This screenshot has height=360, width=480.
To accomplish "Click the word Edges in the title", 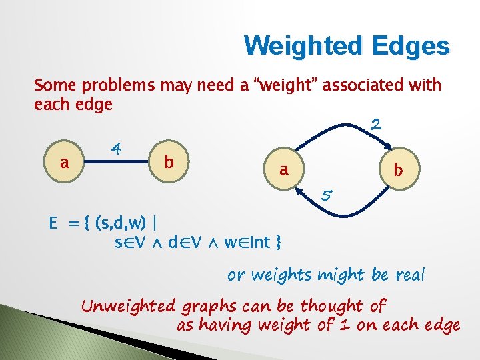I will click(x=413, y=46).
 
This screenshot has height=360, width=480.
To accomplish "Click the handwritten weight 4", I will click(x=116, y=147).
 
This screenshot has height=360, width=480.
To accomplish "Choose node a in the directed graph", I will click(x=284, y=170).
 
